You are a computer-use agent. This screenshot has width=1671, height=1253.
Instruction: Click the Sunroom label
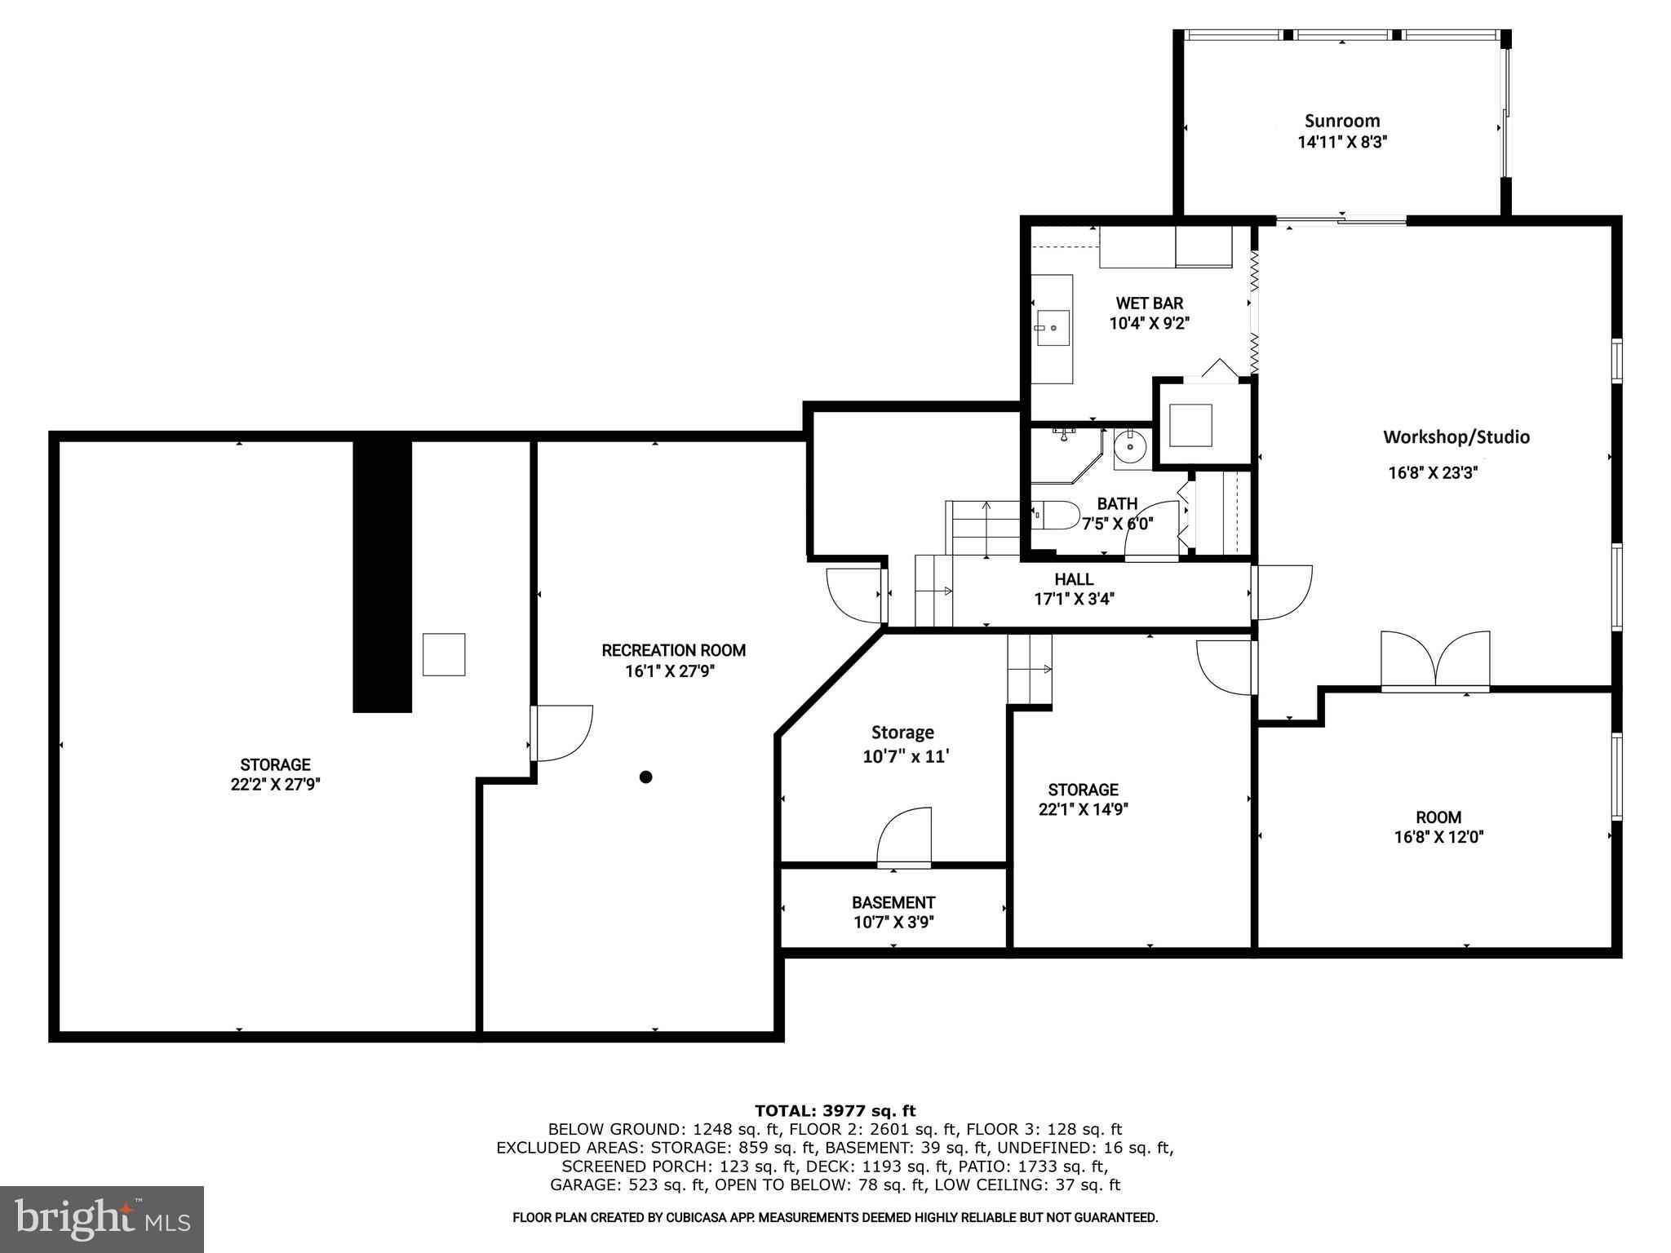1342,122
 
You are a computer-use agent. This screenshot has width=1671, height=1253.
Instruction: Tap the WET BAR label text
1149,303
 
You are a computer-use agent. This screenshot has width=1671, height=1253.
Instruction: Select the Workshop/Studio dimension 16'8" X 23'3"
1433,472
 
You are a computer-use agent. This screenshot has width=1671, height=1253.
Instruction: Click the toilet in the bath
1057,515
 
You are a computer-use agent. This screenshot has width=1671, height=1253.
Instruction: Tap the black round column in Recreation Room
645,777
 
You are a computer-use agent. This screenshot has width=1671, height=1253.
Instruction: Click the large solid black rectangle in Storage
382,575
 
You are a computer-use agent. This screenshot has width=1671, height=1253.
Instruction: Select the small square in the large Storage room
444,654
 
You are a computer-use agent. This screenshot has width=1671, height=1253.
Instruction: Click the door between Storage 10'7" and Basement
904,837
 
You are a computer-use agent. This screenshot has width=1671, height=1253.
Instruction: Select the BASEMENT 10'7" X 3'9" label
893,912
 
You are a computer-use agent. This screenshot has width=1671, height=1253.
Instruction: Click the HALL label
1074,579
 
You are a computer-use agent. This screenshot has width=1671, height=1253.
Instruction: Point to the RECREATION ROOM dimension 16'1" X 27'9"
673,671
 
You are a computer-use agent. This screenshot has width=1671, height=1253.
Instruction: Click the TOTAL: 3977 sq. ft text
835,1110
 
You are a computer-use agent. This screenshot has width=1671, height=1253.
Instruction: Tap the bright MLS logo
102,1218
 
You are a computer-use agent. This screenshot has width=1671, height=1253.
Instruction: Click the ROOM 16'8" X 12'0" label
1438,826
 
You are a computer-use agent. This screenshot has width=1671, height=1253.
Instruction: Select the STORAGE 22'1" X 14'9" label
1083,799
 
